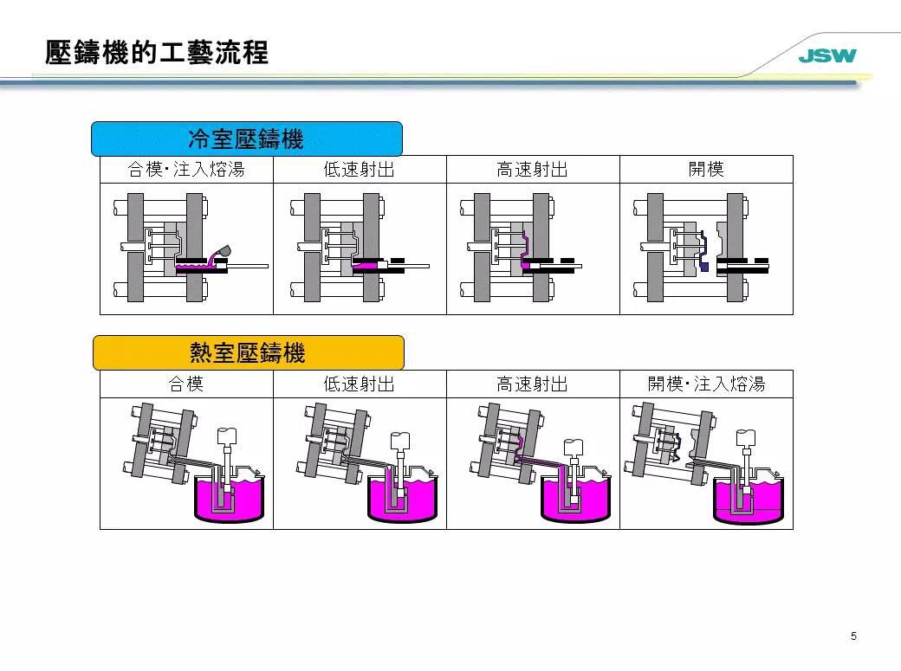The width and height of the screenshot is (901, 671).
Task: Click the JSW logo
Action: pos(826,56)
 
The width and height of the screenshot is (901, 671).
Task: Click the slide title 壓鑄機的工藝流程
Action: pos(157,54)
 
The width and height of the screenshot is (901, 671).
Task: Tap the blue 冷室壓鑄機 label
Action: pos(247,139)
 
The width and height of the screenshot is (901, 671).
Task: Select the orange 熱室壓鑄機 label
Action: pos(248,352)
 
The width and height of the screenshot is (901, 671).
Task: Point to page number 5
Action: pos(853,637)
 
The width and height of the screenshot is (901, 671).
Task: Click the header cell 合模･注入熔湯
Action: pos(186,170)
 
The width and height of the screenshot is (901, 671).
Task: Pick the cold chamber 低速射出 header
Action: pos(360,170)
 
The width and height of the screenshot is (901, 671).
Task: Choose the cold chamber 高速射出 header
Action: pos(533,170)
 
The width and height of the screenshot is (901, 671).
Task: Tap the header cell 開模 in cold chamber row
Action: pos(706,170)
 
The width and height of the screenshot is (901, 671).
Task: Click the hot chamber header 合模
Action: pos(186,384)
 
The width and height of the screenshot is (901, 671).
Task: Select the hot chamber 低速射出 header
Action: pos(360,384)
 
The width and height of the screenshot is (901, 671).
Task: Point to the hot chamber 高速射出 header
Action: pos(533,384)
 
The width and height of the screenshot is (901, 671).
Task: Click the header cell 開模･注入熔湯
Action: pos(706,384)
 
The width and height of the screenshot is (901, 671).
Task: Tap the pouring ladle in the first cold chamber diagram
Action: pos(224,252)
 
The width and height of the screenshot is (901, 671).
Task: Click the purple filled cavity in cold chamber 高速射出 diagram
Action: pos(523,247)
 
